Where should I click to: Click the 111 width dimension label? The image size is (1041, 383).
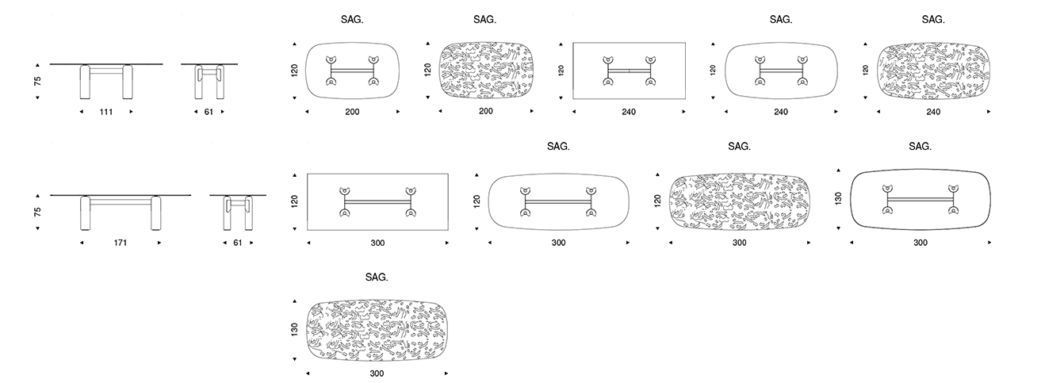tap(105, 112)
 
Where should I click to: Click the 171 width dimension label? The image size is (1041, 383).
tap(121, 243)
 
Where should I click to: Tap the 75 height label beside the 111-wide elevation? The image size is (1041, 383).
tap(37, 81)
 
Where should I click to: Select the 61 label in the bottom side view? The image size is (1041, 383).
tap(237, 243)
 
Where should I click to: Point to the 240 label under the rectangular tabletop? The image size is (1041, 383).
tap(630, 112)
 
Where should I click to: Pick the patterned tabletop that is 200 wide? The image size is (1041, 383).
tap(485, 70)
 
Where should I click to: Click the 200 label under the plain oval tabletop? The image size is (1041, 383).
tap(352, 112)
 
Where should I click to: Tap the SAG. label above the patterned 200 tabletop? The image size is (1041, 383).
tap(484, 19)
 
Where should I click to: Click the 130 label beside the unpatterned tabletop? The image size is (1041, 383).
tap(839, 198)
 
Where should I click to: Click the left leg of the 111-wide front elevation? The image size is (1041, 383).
tap(86, 82)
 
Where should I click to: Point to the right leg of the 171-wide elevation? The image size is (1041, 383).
tap(155, 213)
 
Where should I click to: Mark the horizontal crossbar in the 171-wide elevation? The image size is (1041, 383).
tap(121, 202)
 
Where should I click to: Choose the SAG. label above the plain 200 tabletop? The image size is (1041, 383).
tap(351, 19)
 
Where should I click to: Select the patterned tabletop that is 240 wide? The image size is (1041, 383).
tap(933, 70)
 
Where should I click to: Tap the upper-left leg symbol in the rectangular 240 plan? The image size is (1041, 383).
tap(607, 59)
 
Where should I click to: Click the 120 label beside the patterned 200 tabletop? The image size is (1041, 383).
tap(428, 71)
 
